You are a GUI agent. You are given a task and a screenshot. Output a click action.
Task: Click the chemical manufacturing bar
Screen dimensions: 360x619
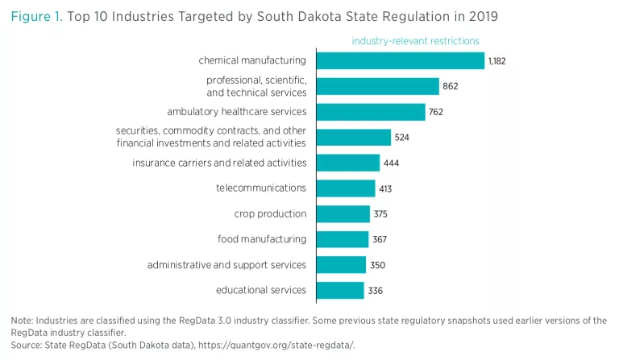[x=400, y=60]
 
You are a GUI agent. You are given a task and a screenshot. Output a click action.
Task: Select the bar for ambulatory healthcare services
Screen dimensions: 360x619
[x=371, y=112]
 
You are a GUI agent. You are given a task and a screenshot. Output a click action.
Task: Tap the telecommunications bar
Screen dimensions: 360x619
[x=346, y=188]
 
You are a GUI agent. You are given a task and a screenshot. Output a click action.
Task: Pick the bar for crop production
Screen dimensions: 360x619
[x=343, y=213]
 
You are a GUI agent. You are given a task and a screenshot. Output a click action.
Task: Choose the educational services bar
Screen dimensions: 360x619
[x=340, y=290]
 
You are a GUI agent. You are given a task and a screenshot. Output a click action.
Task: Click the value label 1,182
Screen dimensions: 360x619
[x=496, y=61]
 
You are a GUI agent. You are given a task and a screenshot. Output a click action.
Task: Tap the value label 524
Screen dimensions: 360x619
[x=402, y=138]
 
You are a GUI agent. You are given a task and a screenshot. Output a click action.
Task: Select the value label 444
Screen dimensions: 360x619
[x=391, y=163]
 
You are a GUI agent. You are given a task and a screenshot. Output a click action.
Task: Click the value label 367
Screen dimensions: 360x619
[x=380, y=239]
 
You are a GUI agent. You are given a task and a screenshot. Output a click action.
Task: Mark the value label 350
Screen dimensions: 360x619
[x=377, y=265]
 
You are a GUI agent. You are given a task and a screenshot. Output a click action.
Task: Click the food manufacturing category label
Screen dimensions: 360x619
[x=262, y=239]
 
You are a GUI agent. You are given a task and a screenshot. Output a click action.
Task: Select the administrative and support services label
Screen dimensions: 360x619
[x=226, y=265]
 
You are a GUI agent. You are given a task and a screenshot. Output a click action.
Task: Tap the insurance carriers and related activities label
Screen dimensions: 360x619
[x=219, y=163]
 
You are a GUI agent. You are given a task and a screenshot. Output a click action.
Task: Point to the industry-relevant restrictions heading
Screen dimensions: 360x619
[x=415, y=40]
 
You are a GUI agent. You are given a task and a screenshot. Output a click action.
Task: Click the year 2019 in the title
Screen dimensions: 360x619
[x=480, y=15]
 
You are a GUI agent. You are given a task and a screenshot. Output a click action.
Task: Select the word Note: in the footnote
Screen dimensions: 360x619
[x=22, y=321]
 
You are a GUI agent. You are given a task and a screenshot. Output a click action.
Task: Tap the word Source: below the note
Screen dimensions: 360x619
[x=27, y=345]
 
